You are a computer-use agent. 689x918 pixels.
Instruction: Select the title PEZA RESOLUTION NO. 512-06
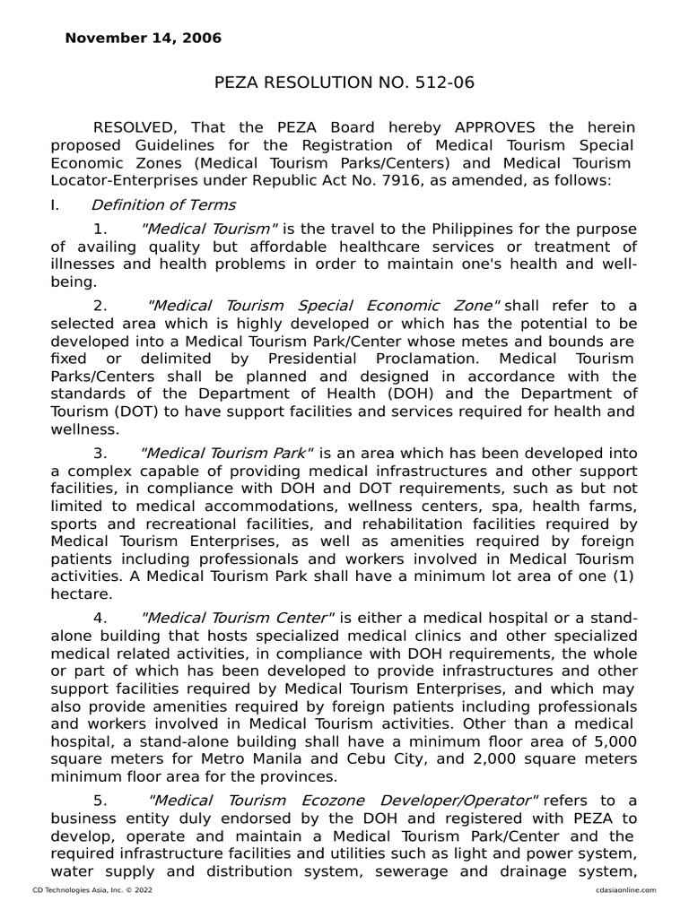(x=344, y=83)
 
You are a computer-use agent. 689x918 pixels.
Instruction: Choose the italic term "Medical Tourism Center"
(x=239, y=618)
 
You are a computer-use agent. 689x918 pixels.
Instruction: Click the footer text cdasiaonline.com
(x=624, y=889)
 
